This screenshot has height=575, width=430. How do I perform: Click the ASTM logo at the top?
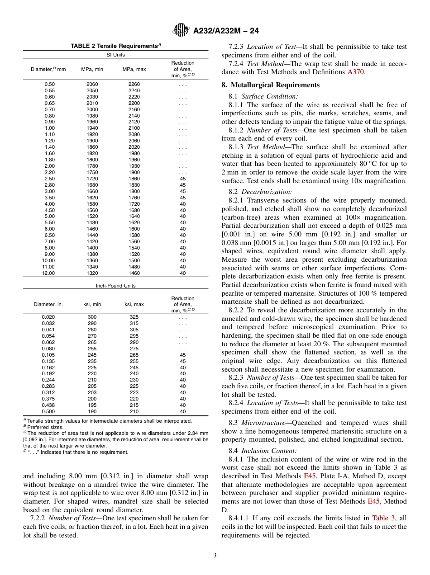(181, 31)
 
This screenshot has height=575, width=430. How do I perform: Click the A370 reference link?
(356, 72)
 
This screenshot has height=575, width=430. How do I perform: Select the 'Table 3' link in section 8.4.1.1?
(380, 518)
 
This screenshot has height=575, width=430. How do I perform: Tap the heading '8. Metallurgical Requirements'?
(270, 85)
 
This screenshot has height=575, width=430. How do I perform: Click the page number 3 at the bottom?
(215, 555)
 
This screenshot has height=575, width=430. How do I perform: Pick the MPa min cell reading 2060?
(92, 84)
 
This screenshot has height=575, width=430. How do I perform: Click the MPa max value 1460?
(134, 273)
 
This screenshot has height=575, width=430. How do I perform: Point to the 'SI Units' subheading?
(116, 55)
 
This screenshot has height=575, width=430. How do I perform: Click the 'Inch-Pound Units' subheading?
(116, 286)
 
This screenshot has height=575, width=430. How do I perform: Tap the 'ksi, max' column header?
(134, 304)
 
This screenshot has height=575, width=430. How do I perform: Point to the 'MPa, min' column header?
(92, 69)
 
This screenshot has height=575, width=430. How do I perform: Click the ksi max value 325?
(134, 317)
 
